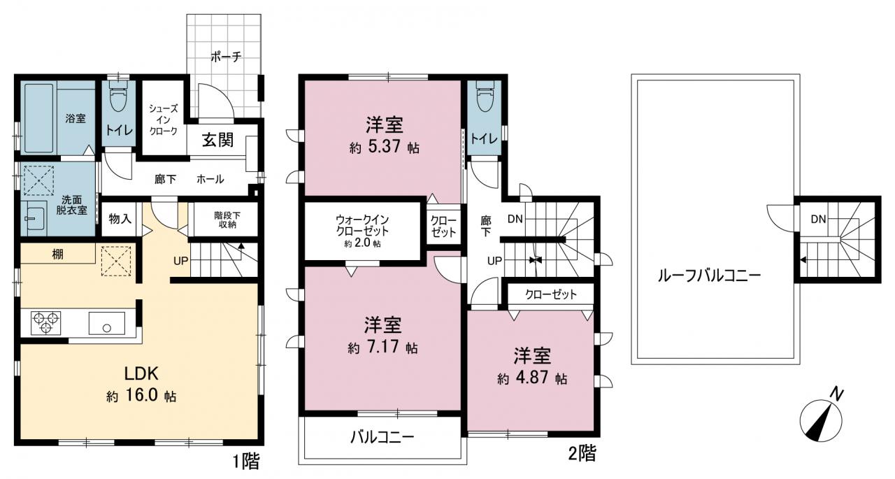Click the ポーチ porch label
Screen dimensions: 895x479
(x=226, y=57)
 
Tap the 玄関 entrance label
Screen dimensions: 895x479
(x=217, y=140)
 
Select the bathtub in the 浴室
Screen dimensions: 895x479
(x=38, y=118)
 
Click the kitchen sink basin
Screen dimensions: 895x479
(x=106, y=323)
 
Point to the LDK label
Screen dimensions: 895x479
(x=141, y=374)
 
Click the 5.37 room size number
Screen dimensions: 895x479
(x=384, y=147)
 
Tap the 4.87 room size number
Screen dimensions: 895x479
(x=533, y=378)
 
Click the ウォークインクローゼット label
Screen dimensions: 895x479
(x=362, y=225)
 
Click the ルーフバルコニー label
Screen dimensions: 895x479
(x=709, y=276)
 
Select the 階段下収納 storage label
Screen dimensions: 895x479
(x=227, y=220)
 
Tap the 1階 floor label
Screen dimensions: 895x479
(x=247, y=462)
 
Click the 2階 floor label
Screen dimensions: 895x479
(x=582, y=453)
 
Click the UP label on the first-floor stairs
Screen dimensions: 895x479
(x=180, y=262)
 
